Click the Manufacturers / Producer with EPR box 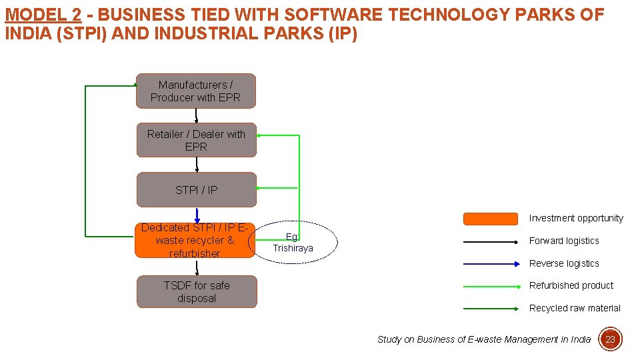(195, 91)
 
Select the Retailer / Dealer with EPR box (196, 140)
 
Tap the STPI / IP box (196, 190)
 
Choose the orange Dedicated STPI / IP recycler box (194, 240)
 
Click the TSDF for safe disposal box (196, 292)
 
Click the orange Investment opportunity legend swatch (490, 219)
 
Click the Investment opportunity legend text (576, 218)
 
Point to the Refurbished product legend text (571, 285)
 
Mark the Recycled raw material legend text (575, 308)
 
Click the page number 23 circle (610, 339)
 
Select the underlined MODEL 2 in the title (43, 15)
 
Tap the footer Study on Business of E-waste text (483, 339)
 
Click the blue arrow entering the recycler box (197, 216)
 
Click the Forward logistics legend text (564, 241)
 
